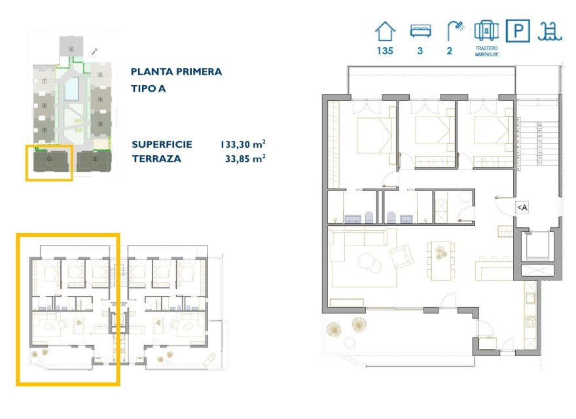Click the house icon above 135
(385, 30)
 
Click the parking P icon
(519, 31)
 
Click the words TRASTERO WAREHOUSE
(486, 52)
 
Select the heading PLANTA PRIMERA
(176, 72)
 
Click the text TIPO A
(148, 88)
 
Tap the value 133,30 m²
(242, 144)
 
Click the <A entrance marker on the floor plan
(522, 208)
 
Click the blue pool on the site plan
(73, 87)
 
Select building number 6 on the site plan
(71, 46)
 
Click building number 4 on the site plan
(100, 100)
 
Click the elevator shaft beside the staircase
(537, 248)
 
